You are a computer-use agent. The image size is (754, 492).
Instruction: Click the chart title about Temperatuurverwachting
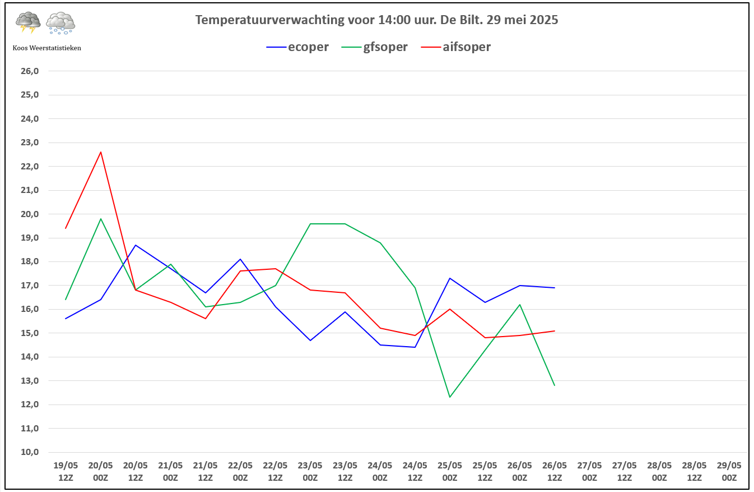[x=376, y=20]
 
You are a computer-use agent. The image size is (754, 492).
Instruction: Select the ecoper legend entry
[x=297, y=47]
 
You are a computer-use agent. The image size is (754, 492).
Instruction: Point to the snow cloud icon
[x=60, y=22]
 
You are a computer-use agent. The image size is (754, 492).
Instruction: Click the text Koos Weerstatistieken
[x=46, y=48]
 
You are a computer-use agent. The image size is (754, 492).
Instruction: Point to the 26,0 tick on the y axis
[x=30, y=71]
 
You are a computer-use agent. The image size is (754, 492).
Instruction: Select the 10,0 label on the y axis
[x=30, y=452]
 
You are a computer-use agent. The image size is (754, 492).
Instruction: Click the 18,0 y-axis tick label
[x=30, y=261]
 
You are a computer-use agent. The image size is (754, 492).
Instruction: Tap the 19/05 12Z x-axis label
[x=66, y=471]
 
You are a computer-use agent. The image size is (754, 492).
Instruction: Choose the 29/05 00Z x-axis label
[x=729, y=471]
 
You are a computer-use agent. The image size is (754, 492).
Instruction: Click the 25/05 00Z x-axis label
[x=450, y=471]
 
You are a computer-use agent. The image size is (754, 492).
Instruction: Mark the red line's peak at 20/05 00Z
[x=101, y=152]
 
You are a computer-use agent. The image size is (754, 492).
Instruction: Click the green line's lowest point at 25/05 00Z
[x=450, y=397]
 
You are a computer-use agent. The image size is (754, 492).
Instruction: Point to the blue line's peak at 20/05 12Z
[x=136, y=245]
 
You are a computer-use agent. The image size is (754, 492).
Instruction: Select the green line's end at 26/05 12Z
[x=555, y=385]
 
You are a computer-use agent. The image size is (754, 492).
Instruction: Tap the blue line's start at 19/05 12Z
[x=66, y=319]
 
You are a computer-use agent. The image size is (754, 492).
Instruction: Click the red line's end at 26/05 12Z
[x=555, y=331]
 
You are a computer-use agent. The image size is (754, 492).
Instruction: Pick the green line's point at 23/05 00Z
[x=310, y=224]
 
